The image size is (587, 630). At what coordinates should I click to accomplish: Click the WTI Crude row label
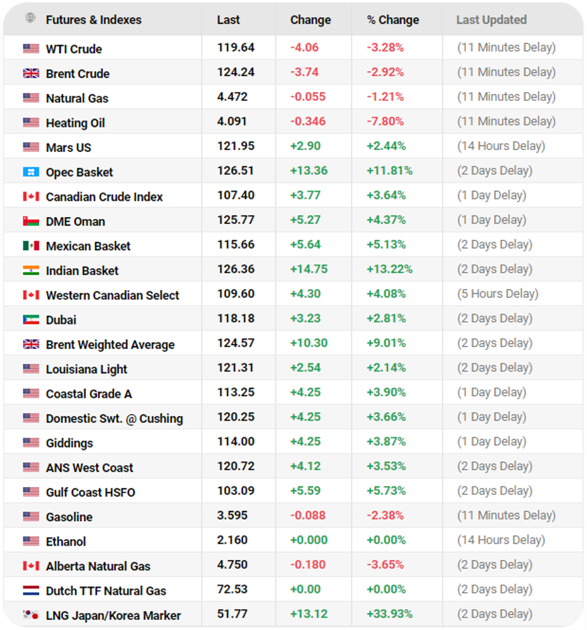[x=74, y=49]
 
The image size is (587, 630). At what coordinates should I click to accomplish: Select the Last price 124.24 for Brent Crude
[x=235, y=72]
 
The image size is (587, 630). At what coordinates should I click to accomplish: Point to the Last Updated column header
[x=491, y=20]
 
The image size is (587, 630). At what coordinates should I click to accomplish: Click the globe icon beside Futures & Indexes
[x=31, y=19]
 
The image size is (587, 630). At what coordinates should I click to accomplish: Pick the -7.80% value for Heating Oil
[x=385, y=121]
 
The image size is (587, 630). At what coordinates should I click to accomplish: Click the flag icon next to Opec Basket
[x=31, y=172]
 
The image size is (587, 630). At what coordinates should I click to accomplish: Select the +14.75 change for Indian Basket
[x=308, y=269]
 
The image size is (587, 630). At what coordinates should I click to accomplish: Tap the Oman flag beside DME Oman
[x=31, y=221]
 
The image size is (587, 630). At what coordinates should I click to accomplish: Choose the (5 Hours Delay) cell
[x=497, y=294]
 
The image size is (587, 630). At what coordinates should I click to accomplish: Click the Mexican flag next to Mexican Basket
[x=31, y=246]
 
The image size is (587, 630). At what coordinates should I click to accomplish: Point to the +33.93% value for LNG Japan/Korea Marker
[x=389, y=614]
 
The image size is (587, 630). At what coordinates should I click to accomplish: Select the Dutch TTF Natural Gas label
[x=106, y=591]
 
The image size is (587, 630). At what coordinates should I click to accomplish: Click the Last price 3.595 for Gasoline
[x=232, y=516]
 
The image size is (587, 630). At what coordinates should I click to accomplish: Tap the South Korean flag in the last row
[x=31, y=615]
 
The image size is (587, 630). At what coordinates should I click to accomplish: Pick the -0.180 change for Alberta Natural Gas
[x=308, y=565]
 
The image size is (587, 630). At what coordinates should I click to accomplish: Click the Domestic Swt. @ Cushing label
[x=114, y=419]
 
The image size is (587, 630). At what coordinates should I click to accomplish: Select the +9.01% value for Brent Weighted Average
[x=386, y=343]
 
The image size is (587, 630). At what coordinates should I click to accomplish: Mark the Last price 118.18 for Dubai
[x=235, y=318]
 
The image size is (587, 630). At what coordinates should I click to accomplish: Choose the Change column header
[x=310, y=20]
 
